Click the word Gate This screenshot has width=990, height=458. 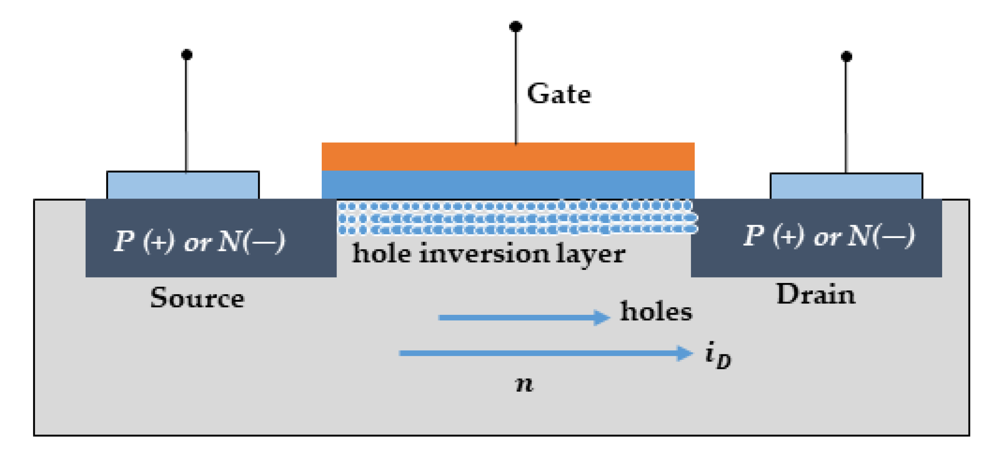tap(559, 94)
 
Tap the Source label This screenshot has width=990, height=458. tap(197, 298)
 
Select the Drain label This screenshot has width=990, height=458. tap(815, 294)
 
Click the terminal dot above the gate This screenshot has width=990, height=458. tap(515, 27)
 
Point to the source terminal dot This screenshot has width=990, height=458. tap(186, 55)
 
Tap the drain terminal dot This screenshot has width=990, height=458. tap(846, 56)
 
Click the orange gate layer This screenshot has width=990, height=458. tap(507, 156)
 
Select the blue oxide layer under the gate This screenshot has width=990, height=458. tap(507, 184)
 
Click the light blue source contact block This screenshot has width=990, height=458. tap(183, 185)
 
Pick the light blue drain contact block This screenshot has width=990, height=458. tap(846, 186)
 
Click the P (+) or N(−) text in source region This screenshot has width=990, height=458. tap(200, 241)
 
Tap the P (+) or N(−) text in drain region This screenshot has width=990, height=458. tap(828, 236)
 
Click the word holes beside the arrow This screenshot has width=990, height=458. tap(656, 311)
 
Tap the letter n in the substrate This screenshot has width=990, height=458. tap(524, 383)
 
